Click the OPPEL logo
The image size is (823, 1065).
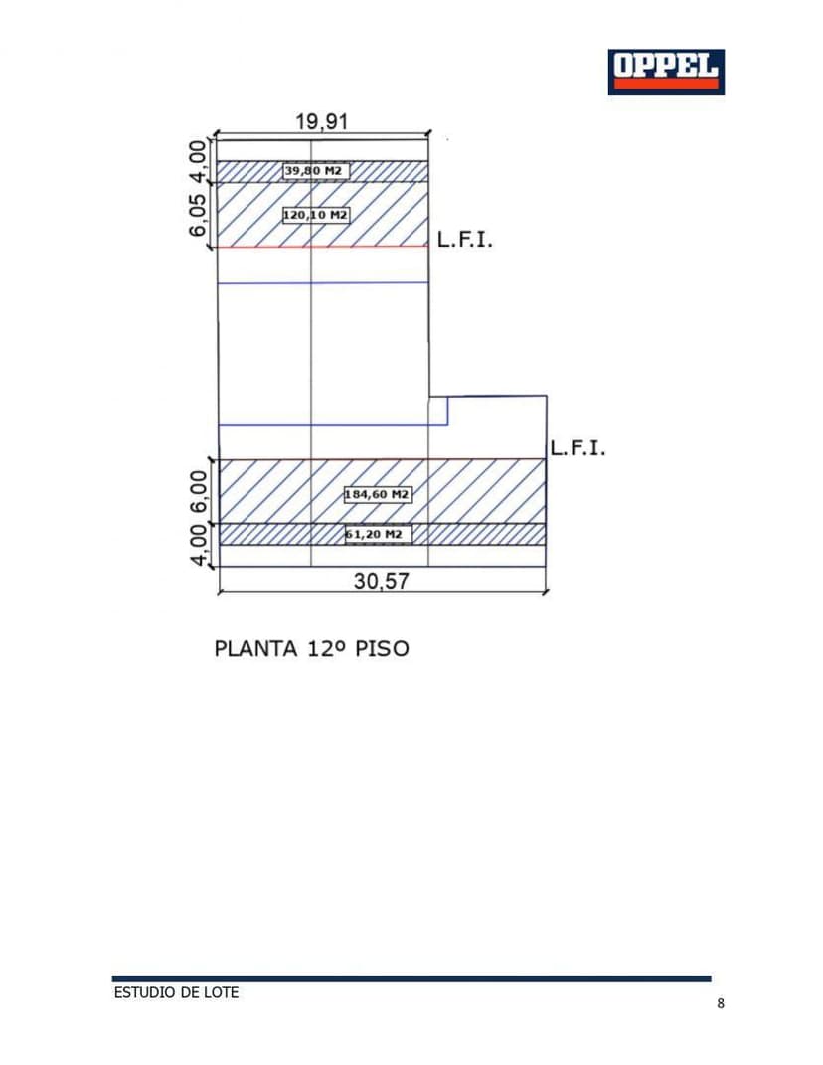(x=666, y=72)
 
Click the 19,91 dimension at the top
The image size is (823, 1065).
(x=322, y=121)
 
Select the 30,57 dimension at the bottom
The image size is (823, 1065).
(x=381, y=581)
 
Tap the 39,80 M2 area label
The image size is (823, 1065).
(x=316, y=171)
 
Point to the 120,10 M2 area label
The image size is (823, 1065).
(x=316, y=215)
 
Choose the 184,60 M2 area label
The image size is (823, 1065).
(x=378, y=494)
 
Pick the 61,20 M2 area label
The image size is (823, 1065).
(x=378, y=535)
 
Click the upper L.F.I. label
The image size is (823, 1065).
(x=464, y=241)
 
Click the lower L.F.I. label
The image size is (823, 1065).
(x=577, y=448)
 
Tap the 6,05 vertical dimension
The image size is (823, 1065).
(x=199, y=215)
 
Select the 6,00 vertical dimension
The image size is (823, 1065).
(x=199, y=491)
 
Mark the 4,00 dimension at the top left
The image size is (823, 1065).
(x=199, y=161)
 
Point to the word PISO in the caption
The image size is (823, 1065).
(x=381, y=649)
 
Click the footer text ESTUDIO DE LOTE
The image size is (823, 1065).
(x=176, y=992)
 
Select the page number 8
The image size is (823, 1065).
(x=721, y=1003)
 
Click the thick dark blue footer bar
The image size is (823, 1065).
(x=411, y=978)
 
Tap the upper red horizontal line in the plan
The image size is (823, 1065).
(x=322, y=246)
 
